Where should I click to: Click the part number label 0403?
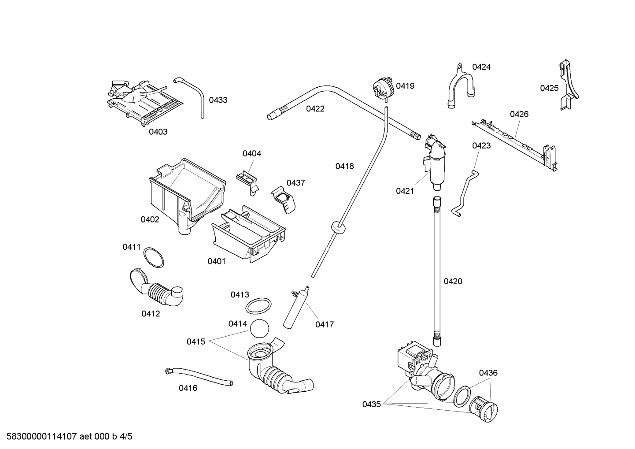pos(158,132)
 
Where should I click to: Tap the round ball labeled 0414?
pos(259,328)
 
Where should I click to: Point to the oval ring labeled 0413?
pos(258,305)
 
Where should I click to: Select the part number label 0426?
pos(519,114)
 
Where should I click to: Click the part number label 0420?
pos(453,282)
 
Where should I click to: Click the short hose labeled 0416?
pos(198,377)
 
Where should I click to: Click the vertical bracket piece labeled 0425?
pos(569,86)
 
